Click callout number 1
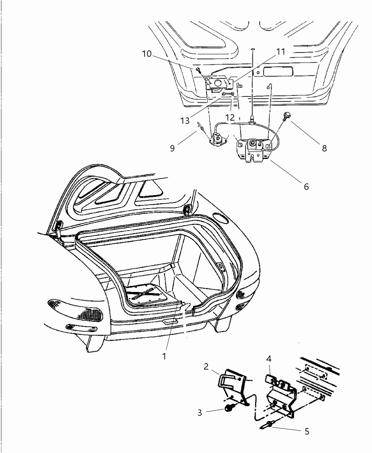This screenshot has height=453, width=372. coord(164,356)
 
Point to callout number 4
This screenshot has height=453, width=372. coord(269,359)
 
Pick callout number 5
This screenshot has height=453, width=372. coord(307,431)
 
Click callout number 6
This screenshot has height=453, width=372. coord(306,186)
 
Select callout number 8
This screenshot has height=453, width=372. coord(324,148)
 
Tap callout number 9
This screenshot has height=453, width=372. coord(172,148)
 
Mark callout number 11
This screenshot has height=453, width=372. coord(280,52)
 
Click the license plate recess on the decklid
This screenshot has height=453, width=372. coord(278,71)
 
